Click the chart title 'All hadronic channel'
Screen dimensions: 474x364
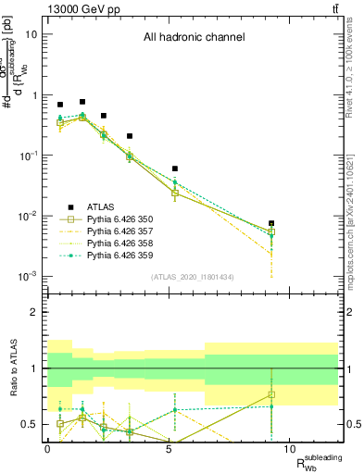pyautogui.click(x=193, y=38)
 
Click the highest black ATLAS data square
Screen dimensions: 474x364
pyautogui.click(x=82, y=102)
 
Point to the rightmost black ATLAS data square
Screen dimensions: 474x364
pyautogui.click(x=271, y=223)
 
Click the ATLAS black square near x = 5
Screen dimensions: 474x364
pyautogui.click(x=174, y=168)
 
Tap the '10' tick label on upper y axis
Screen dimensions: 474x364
pyautogui.click(x=31, y=35)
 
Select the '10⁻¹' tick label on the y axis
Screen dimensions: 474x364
pyautogui.click(x=28, y=156)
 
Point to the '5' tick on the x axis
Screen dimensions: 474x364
pyautogui.click(x=168, y=447)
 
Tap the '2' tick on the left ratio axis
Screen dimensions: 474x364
pyautogui.click(x=34, y=313)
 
